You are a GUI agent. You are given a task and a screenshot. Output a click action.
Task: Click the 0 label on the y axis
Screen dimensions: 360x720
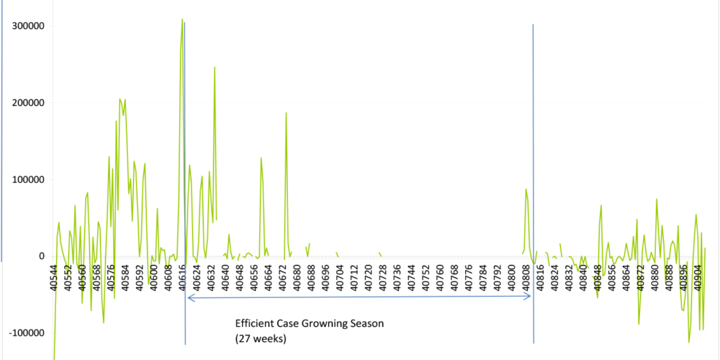point(41,256)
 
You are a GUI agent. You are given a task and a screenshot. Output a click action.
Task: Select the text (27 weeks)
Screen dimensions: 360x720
point(261,338)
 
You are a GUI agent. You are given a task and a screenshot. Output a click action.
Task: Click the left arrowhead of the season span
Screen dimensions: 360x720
point(188,297)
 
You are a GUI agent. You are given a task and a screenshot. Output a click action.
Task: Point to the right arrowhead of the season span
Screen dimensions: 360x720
point(530,297)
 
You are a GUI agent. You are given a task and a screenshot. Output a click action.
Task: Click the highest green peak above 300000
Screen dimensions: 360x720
point(182,19)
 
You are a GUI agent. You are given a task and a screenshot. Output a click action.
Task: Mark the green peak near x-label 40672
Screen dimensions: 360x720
point(286,113)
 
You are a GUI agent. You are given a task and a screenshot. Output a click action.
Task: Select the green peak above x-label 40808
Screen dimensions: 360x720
point(526,189)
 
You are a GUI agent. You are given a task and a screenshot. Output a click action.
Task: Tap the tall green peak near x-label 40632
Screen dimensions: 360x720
point(215,68)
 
